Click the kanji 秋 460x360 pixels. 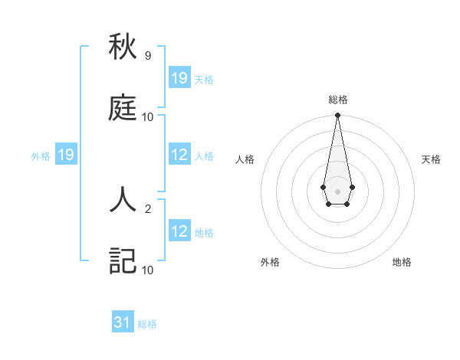point(123,47)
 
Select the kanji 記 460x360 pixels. point(123,260)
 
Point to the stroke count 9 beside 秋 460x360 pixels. point(147,56)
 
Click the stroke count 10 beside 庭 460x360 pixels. point(147,116)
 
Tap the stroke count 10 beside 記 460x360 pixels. point(147,270)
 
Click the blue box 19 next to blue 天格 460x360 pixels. point(179,78)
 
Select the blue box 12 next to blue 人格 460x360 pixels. point(179,155)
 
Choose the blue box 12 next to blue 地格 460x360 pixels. point(179,232)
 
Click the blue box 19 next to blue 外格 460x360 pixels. point(66,155)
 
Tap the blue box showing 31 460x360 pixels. point(123,322)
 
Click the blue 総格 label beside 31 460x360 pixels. point(147,324)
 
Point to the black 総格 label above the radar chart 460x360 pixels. point(337,100)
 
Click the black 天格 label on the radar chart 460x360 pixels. point(431,159)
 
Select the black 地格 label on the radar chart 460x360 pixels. point(402,262)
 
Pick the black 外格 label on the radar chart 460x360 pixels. point(270,262)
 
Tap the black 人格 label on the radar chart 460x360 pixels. point(245,159)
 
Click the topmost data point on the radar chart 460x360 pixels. point(337,116)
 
